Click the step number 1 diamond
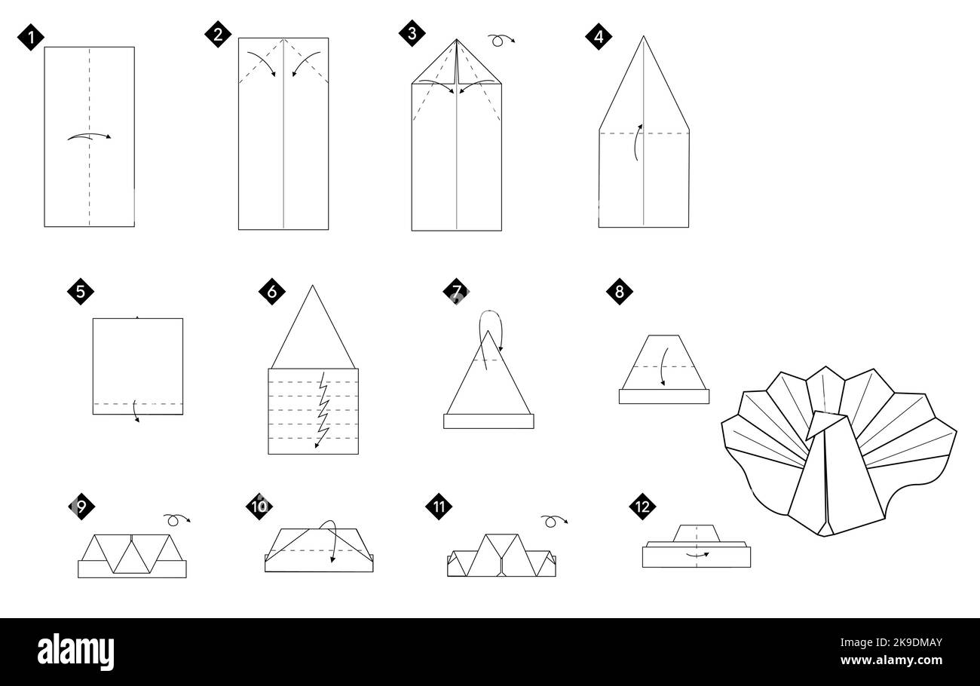pyautogui.click(x=31, y=37)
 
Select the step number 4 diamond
pyautogui.click(x=599, y=37)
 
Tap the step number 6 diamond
pyautogui.click(x=271, y=292)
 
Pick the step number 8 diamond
pyautogui.click(x=620, y=292)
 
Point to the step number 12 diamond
pyautogui.click(x=642, y=507)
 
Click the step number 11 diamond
pyautogui.click(x=439, y=507)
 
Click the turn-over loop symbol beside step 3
pyautogui.click(x=501, y=40)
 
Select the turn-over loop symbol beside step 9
pyautogui.click(x=176, y=519)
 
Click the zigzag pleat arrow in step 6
pyautogui.click(x=323, y=410)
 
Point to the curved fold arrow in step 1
pyautogui.click(x=89, y=136)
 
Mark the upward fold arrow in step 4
pyautogui.click(x=636, y=142)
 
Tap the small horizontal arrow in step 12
pyautogui.click(x=697, y=555)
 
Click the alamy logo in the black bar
pyautogui.click(x=75, y=652)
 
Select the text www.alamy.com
pyautogui.click(x=891, y=660)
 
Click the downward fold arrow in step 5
pyautogui.click(x=136, y=411)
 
